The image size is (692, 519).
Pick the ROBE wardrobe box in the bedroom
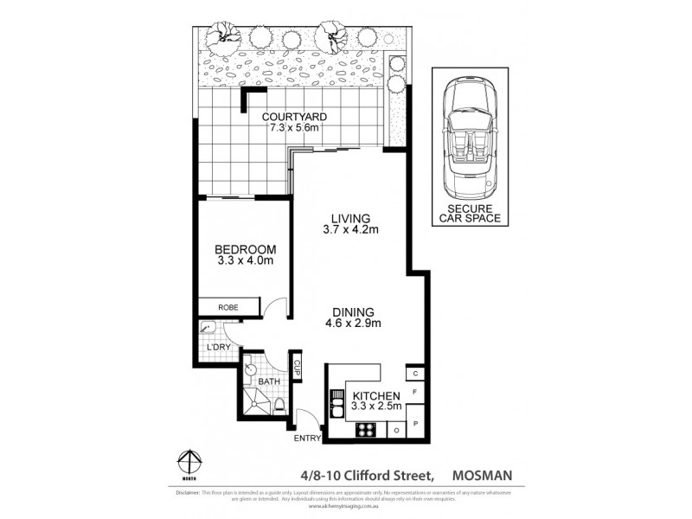point(228,306)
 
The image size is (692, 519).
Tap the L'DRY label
point(218,348)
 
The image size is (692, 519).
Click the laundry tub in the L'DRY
point(208,328)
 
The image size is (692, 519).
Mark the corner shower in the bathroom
point(257,400)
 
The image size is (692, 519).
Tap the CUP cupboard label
point(297,367)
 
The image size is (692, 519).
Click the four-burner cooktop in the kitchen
point(365,426)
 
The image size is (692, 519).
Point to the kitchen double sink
point(336,404)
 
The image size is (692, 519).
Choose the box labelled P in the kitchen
point(416,424)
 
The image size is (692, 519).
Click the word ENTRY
point(307,439)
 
